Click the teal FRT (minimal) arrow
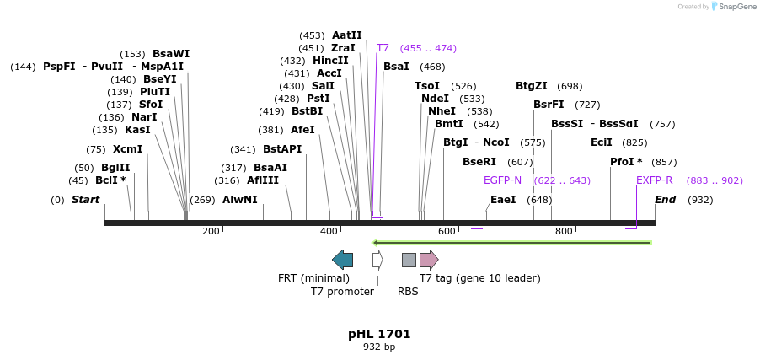342,259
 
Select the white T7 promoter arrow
377,259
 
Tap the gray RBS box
409,259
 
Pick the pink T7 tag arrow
429,259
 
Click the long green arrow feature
511,243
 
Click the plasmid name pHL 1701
379,334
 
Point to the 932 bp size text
379,347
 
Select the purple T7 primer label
383,48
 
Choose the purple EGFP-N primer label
502,180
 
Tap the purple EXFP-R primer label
654,180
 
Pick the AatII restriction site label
346,35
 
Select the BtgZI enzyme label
532,86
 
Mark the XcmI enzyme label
127,149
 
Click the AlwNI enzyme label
239,200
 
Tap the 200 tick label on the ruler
211,231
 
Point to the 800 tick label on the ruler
564,231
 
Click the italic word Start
85,200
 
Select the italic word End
665,200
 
